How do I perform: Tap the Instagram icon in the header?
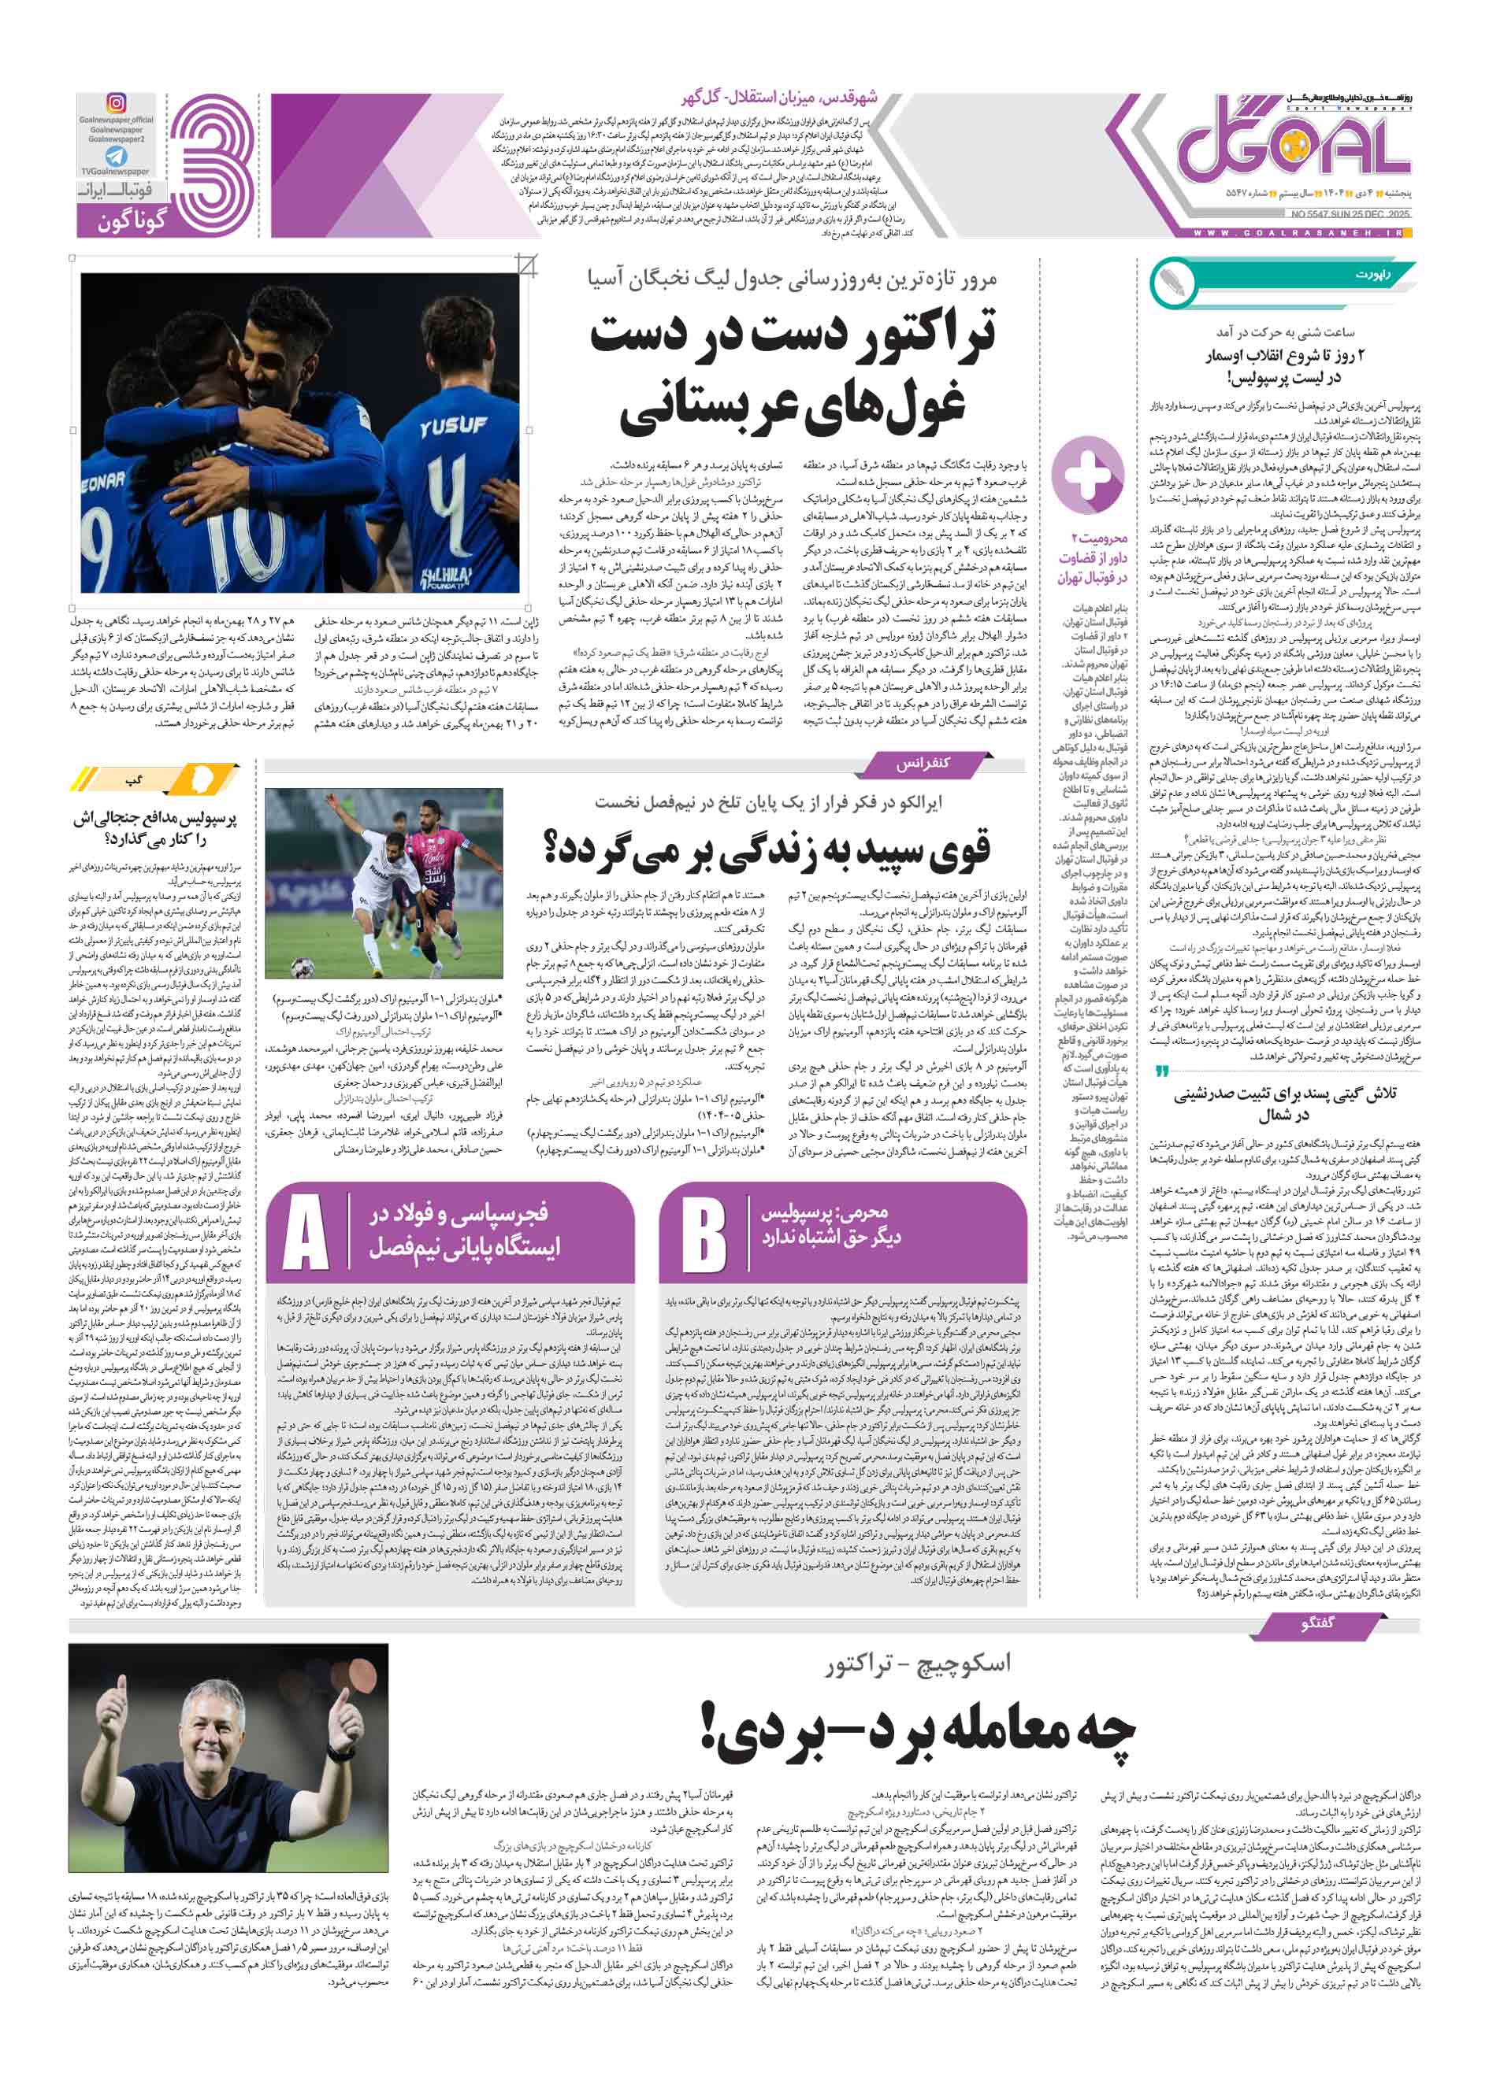click(x=117, y=102)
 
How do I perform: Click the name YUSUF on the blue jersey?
click(x=452, y=426)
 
